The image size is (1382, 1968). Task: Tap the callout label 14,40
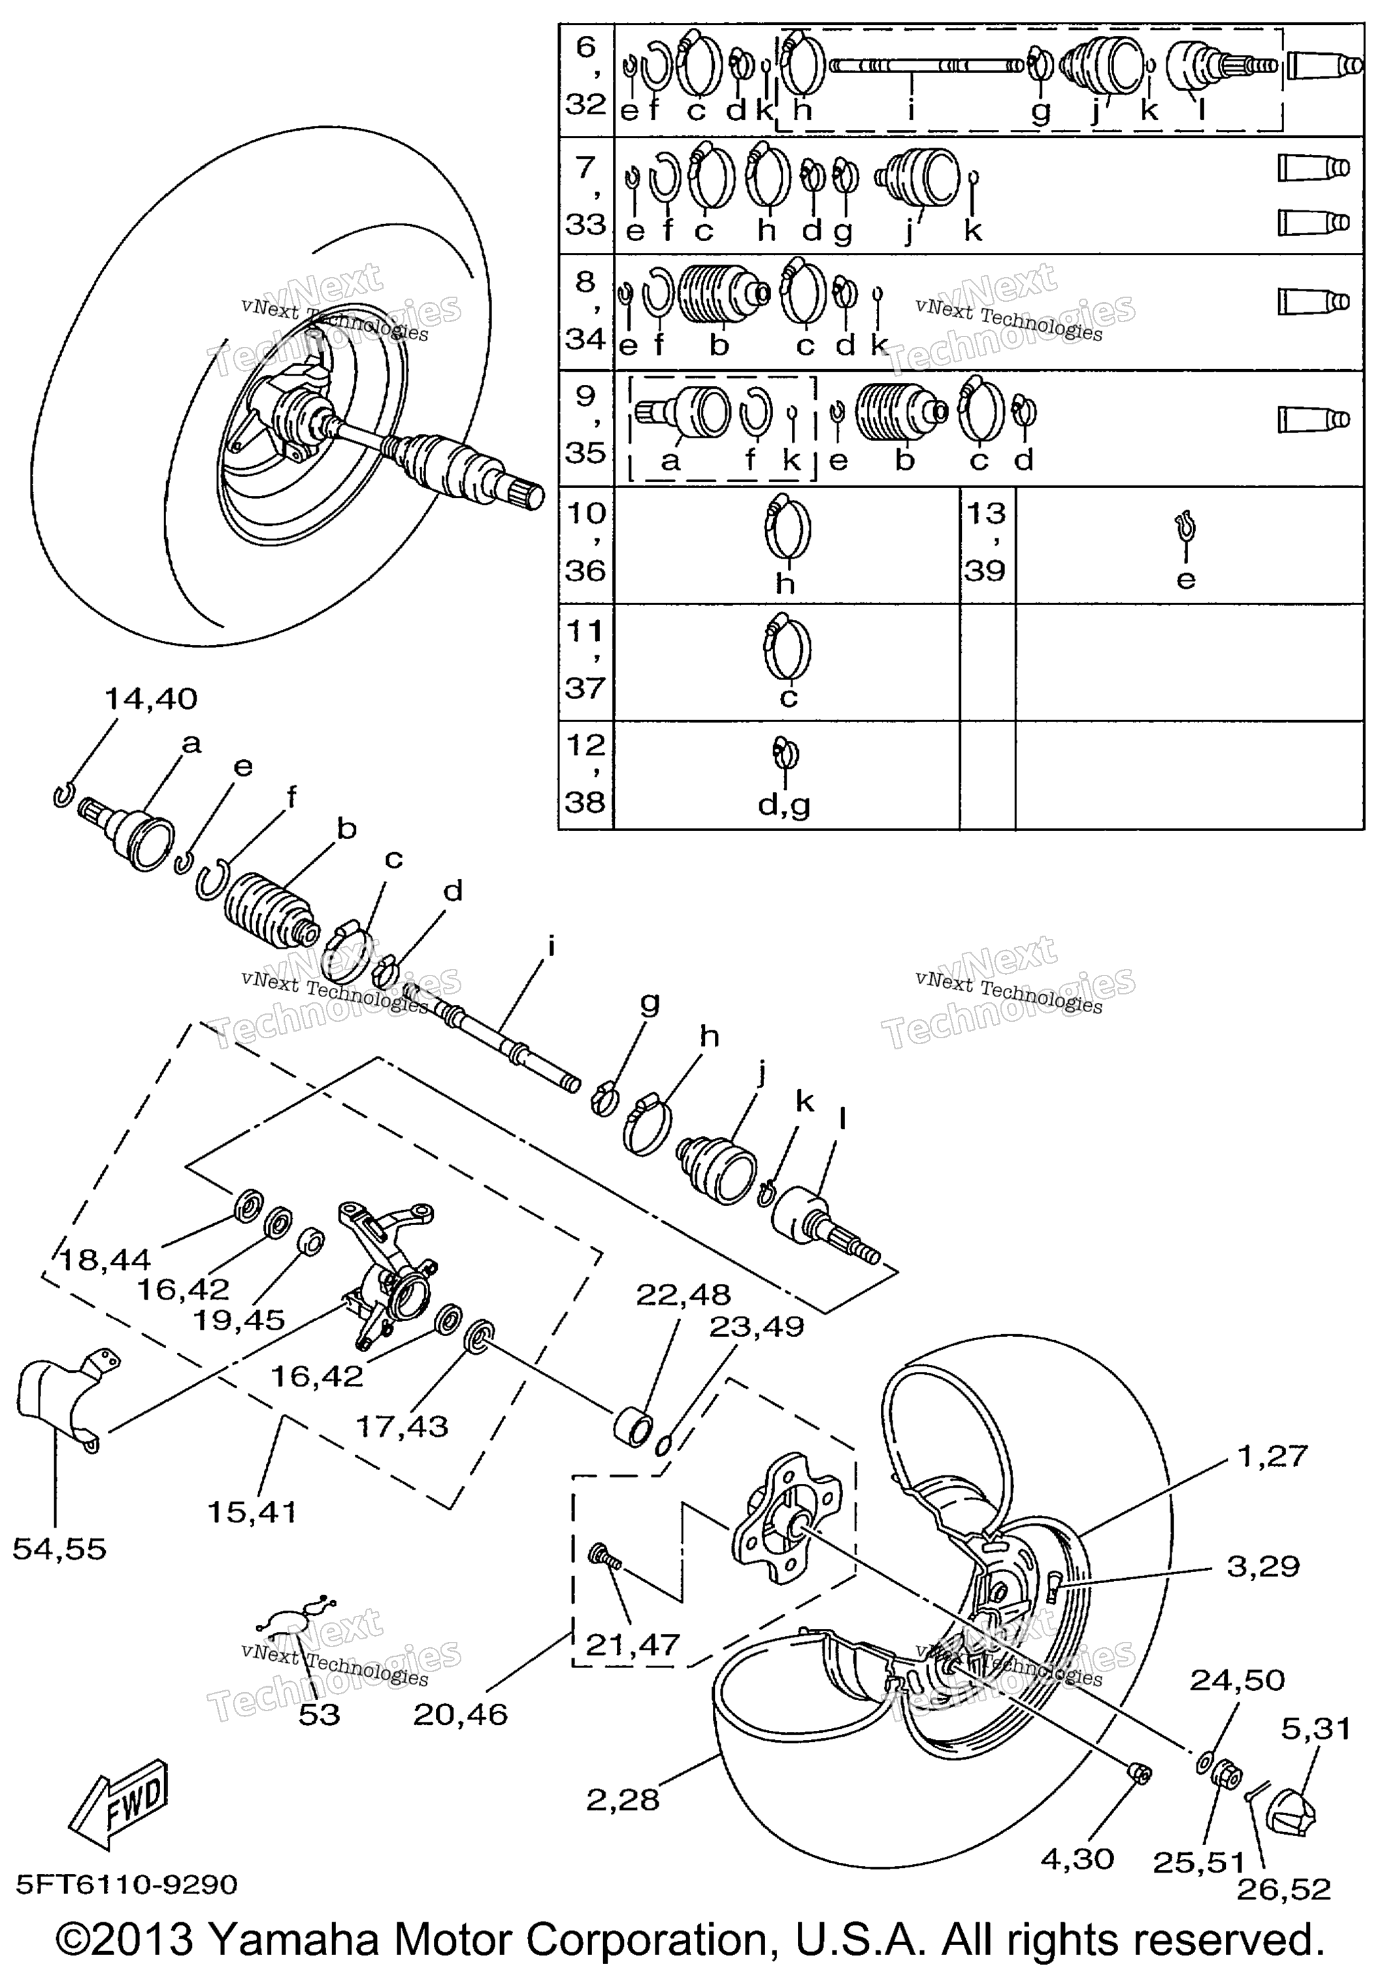point(151,698)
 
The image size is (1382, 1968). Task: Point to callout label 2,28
point(623,1800)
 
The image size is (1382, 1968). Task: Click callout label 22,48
point(683,1294)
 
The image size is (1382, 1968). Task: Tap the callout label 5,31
point(1316,1729)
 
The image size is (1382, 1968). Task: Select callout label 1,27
point(1272,1456)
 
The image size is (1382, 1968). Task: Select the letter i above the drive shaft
point(552,947)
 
